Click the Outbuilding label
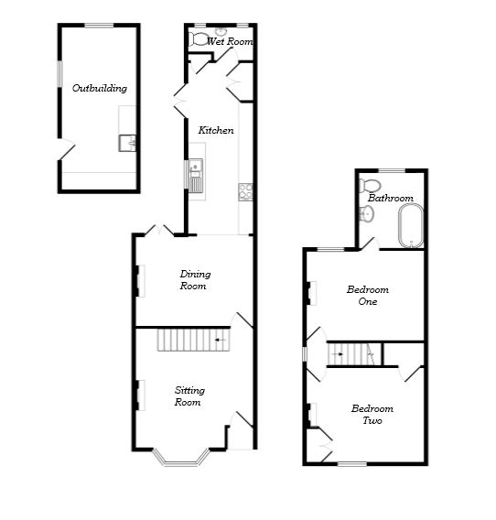[x=100, y=89]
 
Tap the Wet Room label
[x=229, y=42]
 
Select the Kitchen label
[x=216, y=131]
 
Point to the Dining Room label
[x=193, y=279]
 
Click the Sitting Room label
[x=189, y=396]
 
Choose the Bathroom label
[x=390, y=198]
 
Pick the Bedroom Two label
[x=372, y=415]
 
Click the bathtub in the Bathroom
[x=411, y=226]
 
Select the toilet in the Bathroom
[x=367, y=213]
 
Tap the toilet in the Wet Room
[x=200, y=39]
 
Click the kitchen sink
[x=196, y=173]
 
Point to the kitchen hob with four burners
[x=246, y=191]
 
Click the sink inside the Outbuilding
[x=127, y=143]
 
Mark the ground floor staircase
[x=192, y=341]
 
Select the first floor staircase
[x=354, y=352]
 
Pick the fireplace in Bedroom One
[x=309, y=295]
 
